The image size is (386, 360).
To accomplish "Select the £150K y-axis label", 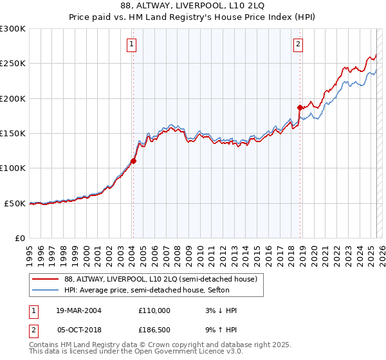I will point(13,134).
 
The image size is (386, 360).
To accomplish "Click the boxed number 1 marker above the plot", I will point(131,44).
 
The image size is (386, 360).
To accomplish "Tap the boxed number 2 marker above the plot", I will point(299,44).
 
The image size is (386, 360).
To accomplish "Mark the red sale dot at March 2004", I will point(134,161).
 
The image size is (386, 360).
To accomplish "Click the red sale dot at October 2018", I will point(300,107).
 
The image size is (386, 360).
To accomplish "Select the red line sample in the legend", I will point(46,279).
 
